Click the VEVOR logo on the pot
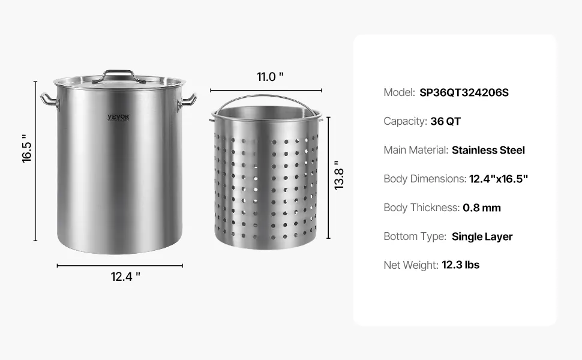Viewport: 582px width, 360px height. tap(118, 117)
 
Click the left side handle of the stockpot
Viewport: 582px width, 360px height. tap(49, 101)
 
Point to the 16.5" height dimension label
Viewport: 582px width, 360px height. tap(27, 148)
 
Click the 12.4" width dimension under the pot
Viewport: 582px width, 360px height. tap(125, 277)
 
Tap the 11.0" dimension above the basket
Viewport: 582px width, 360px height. tap(270, 77)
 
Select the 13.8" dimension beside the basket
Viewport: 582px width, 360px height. tap(339, 176)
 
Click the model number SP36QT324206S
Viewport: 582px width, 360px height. tap(464, 92)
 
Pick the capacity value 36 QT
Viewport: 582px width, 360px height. tap(445, 121)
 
